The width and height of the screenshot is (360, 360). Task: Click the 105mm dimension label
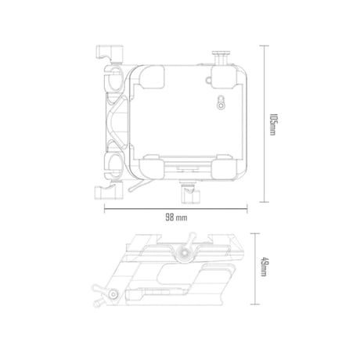tap(272, 124)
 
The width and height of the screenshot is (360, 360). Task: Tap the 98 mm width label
tap(176, 218)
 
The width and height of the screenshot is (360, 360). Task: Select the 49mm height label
tap(263, 268)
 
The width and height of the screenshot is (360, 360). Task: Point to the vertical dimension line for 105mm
tap(265, 124)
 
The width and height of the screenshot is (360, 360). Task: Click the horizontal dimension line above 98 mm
tap(175, 208)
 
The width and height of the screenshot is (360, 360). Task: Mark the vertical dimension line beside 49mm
tap(255, 268)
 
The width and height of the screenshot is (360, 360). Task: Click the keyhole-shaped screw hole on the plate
tap(221, 103)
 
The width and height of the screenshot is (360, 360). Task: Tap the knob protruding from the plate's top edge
tap(221, 58)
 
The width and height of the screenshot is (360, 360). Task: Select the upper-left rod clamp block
tap(110, 53)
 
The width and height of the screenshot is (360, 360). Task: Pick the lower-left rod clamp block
tap(109, 192)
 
